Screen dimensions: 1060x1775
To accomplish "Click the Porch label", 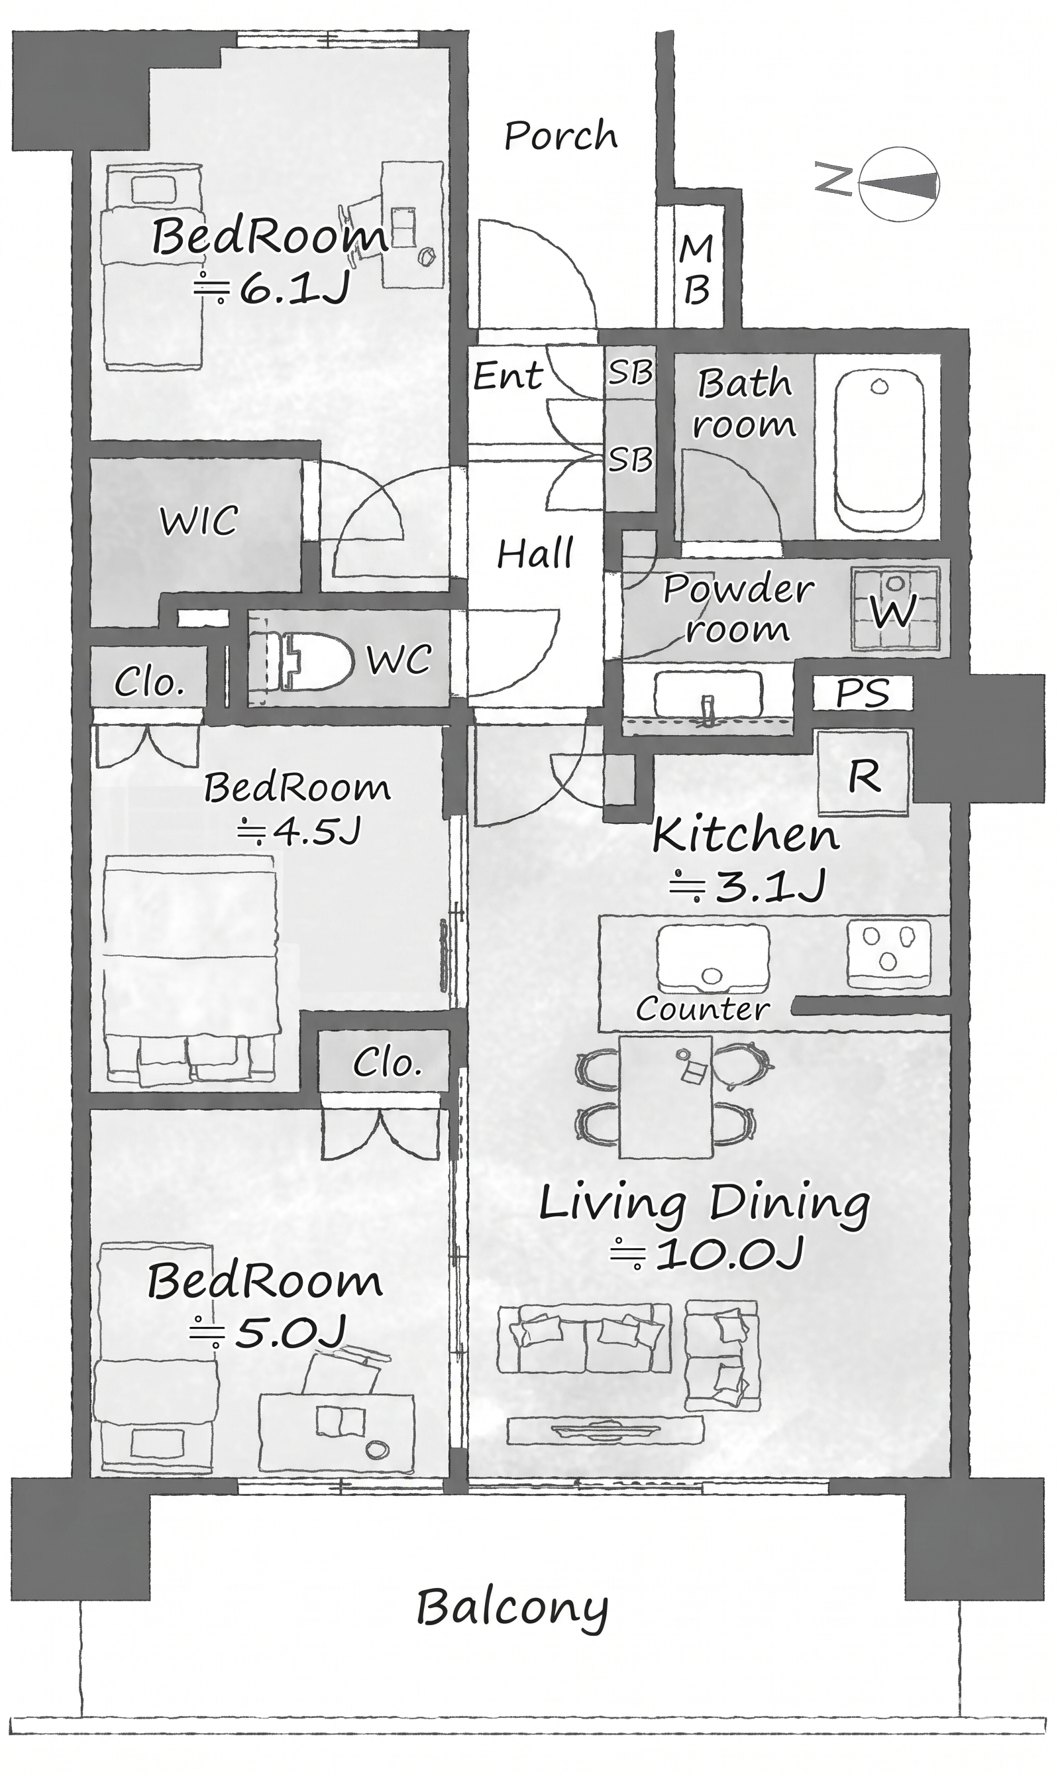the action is (x=560, y=136).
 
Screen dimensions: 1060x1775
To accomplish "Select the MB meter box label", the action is (x=696, y=270).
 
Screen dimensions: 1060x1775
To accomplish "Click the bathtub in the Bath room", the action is (x=878, y=451).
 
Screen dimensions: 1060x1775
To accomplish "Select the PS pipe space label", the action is (x=863, y=693).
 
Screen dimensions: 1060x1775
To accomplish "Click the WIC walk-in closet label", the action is (x=199, y=521).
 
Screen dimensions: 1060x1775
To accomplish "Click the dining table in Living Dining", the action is (x=666, y=1096).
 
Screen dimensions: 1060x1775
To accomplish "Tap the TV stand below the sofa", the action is (x=606, y=1430).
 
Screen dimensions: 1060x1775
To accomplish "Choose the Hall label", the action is (x=535, y=554).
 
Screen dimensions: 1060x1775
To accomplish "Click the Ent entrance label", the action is (x=508, y=375).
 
